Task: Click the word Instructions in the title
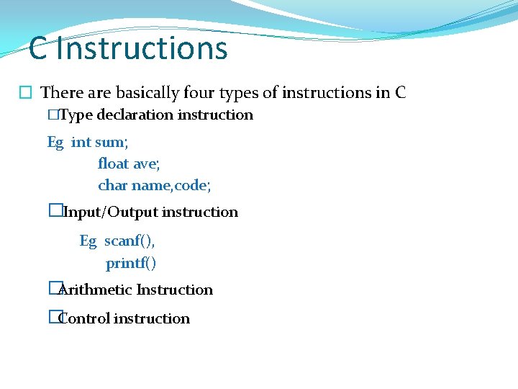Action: (x=142, y=49)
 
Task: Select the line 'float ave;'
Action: (x=129, y=164)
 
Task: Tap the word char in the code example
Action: (x=112, y=185)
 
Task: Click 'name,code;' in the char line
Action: (x=171, y=185)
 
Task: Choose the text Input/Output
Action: (x=111, y=212)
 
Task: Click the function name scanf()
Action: (x=129, y=241)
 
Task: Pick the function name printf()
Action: (x=131, y=264)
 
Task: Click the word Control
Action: (x=84, y=318)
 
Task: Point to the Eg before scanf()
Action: (x=88, y=241)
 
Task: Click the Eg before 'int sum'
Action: (x=55, y=142)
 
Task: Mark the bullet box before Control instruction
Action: (x=53, y=317)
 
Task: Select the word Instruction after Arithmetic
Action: (x=175, y=290)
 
